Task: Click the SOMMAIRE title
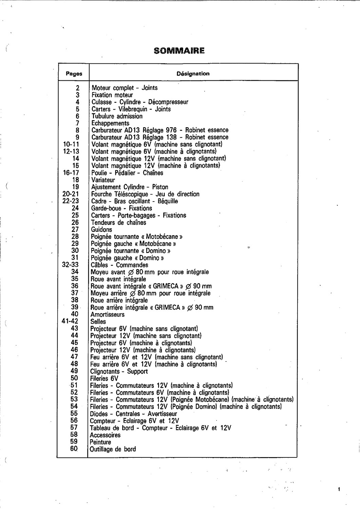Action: click(179, 51)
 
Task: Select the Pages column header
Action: click(74, 74)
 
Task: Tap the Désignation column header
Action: click(193, 73)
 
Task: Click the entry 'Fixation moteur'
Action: click(112, 95)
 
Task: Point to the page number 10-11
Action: click(71, 145)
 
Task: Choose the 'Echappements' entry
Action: click(110, 123)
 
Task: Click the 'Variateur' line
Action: click(103, 180)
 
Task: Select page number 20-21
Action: click(71, 194)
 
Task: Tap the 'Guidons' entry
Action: click(101, 229)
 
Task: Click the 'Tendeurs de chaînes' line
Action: click(118, 223)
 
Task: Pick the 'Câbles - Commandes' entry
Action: click(119, 265)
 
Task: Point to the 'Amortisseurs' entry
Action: click(107, 315)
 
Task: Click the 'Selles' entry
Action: click(98, 321)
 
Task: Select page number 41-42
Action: click(70, 321)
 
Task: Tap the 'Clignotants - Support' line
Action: click(119, 371)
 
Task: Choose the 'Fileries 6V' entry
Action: click(104, 378)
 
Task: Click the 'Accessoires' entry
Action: click(105, 435)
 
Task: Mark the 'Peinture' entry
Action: click(100, 442)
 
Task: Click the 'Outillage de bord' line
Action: click(113, 449)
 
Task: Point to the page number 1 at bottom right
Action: click(339, 489)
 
